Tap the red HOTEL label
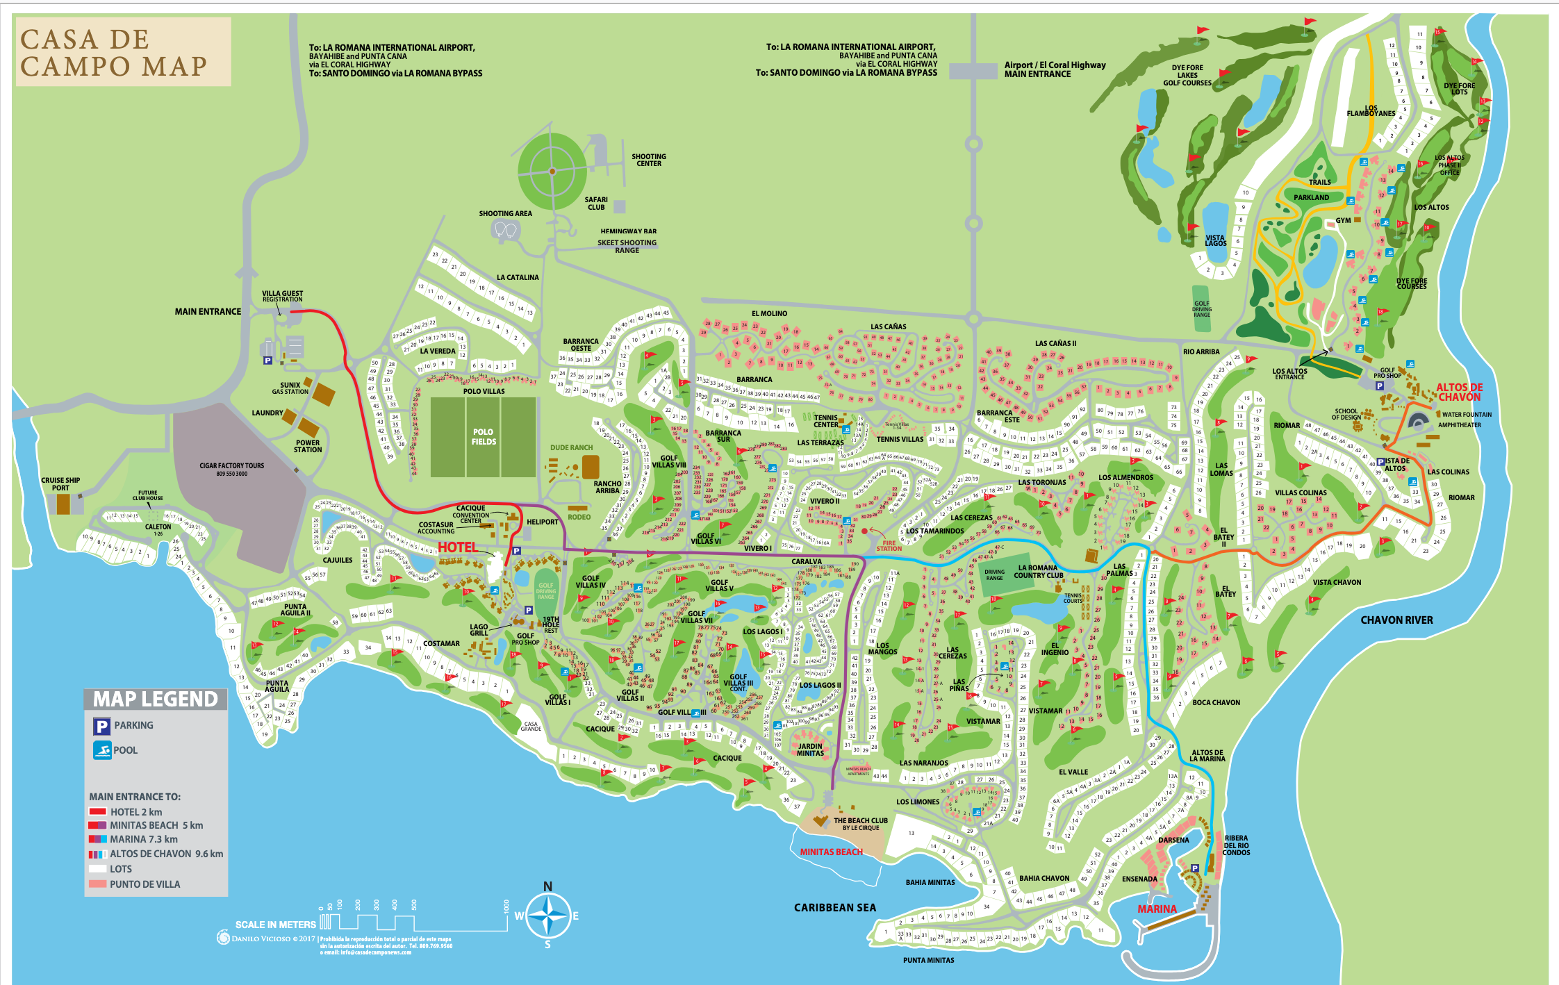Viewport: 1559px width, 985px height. pyautogui.click(x=457, y=547)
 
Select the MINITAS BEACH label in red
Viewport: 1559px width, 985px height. pyautogui.click(x=831, y=852)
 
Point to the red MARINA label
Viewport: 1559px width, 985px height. pyautogui.click(x=1157, y=909)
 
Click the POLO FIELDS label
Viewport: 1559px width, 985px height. pyautogui.click(x=484, y=437)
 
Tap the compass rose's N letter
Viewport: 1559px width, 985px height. pyautogui.click(x=547, y=887)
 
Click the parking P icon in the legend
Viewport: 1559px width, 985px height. pyautogui.click(x=101, y=726)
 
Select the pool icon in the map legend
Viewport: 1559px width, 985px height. pyautogui.click(x=102, y=750)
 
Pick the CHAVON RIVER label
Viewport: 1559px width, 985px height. pyautogui.click(x=1396, y=620)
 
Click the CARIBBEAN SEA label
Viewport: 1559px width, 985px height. pyautogui.click(x=835, y=907)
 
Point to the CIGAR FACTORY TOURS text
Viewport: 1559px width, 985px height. pyautogui.click(x=231, y=466)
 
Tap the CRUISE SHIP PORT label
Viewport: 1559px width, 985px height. pyautogui.click(x=60, y=483)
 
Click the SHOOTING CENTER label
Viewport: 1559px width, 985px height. pyautogui.click(x=648, y=160)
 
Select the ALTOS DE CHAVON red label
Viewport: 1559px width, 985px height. pyautogui.click(x=1459, y=392)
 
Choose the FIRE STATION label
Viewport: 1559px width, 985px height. pyautogui.click(x=889, y=546)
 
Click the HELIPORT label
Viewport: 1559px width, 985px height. pyautogui.click(x=542, y=522)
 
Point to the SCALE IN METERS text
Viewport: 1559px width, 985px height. pyautogui.click(x=275, y=925)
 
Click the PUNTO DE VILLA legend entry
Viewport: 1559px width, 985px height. pyautogui.click(x=145, y=884)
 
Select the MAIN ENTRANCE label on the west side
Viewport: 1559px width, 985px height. pyautogui.click(x=208, y=312)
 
